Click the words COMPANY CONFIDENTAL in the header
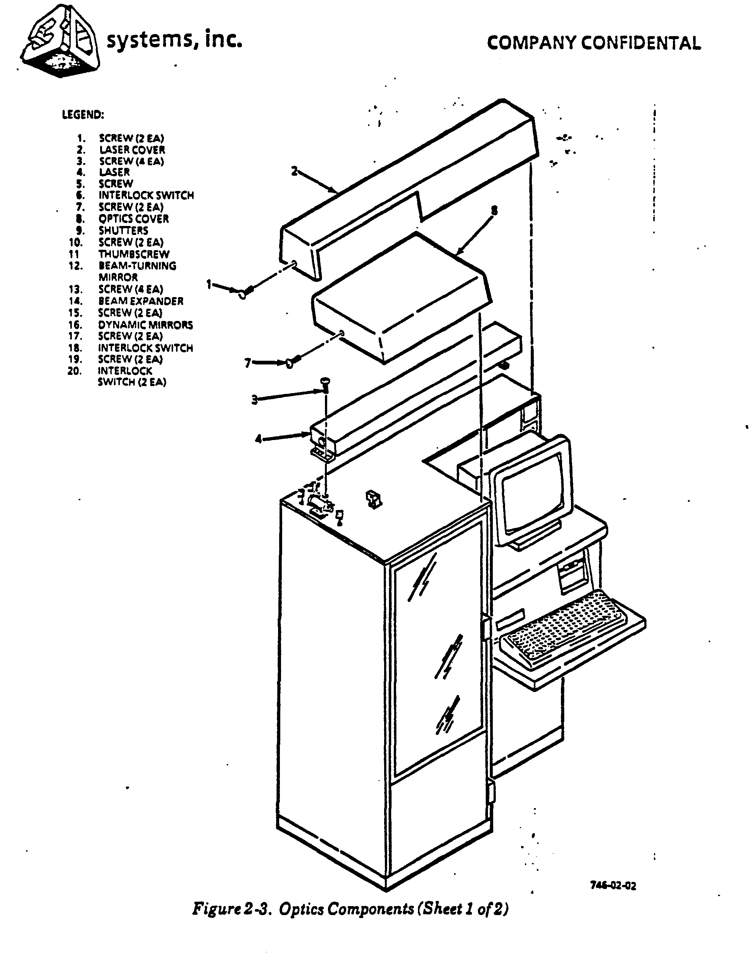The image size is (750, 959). [594, 43]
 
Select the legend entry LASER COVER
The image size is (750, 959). [132, 150]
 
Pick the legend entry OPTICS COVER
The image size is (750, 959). [134, 219]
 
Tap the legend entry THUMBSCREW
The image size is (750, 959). [134, 254]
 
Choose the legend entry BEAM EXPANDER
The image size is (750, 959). [141, 301]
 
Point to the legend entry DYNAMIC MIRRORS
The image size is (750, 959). [145, 325]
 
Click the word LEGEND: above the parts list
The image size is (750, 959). [83, 115]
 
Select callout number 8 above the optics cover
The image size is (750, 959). [494, 211]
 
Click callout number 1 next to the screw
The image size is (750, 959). [210, 284]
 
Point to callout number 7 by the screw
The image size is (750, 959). [248, 363]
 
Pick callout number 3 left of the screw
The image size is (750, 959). [254, 399]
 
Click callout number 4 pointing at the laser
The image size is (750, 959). [258, 438]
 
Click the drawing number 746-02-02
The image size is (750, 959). [613, 886]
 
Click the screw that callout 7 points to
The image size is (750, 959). [293, 361]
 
